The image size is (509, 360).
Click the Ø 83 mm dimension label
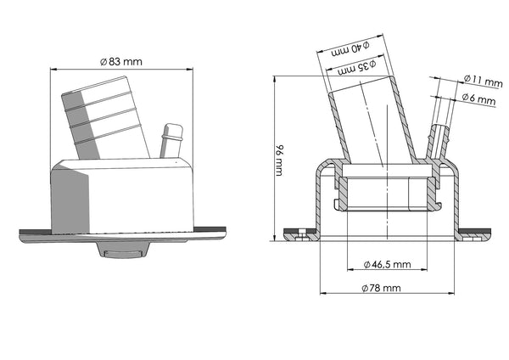pos(121,61)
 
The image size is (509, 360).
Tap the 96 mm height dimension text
pos(279,160)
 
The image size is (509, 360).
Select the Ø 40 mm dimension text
pos(350,49)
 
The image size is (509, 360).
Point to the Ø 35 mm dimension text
pos(357,67)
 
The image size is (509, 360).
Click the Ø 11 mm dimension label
pos(483,81)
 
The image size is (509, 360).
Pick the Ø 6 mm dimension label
pos(478,98)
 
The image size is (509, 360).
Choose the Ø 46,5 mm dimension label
pos(388,264)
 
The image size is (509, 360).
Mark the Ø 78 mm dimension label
pos(381,288)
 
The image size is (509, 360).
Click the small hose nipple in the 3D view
pos(171,140)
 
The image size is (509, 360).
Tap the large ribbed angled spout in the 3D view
pos(105,119)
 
